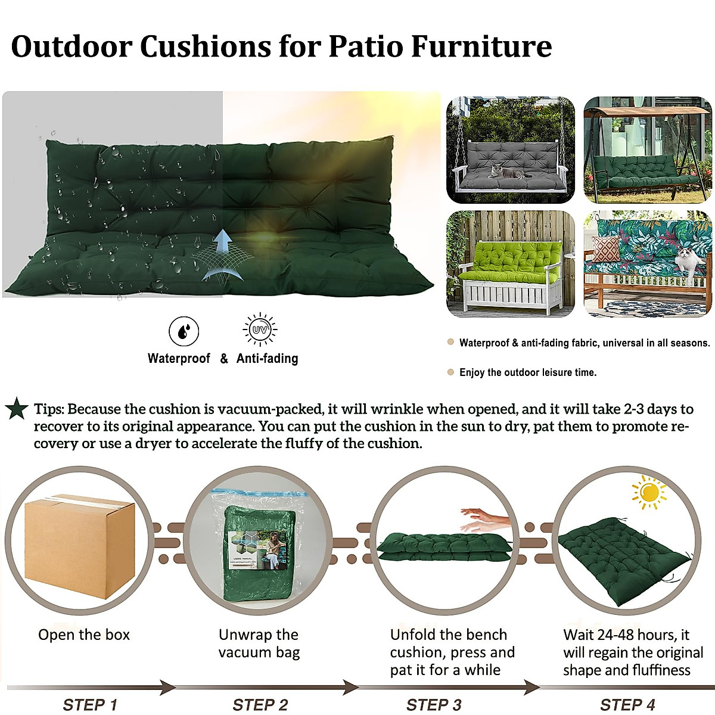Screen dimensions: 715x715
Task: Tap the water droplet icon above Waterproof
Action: pyautogui.click(x=184, y=331)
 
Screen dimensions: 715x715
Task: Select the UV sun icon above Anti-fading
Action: pyautogui.click(x=260, y=329)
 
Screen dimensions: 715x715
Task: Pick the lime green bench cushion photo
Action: pyautogui.click(x=511, y=264)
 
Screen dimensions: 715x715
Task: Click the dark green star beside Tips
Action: pyautogui.click(x=17, y=409)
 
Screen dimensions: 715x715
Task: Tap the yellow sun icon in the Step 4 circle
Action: pyautogui.click(x=649, y=493)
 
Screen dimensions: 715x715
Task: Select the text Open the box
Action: pyautogui.click(x=84, y=635)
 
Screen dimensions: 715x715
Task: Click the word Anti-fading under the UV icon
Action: pyautogui.click(x=267, y=359)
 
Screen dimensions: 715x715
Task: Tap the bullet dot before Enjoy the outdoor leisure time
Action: pyautogui.click(x=451, y=372)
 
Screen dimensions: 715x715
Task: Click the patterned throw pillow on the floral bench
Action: pyautogui.click(x=606, y=248)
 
